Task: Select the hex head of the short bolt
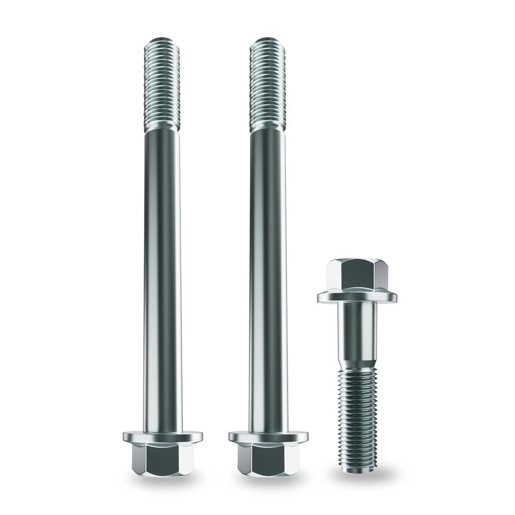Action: coord(357,275)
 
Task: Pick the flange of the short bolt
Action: coord(357,297)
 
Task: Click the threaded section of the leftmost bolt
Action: coord(162,85)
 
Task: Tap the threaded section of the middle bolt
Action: coord(268,85)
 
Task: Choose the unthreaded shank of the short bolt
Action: coord(357,332)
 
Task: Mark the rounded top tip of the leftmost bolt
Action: coord(162,40)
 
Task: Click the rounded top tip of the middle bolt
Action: coord(268,40)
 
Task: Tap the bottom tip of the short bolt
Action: coord(357,470)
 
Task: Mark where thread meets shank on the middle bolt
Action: coord(268,129)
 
